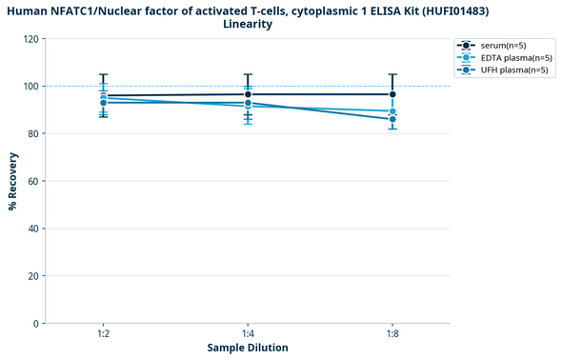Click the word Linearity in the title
[248, 24]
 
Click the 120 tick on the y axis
[32, 39]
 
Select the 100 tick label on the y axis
[32, 87]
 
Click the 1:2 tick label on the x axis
[103, 334]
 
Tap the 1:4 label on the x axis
[248, 334]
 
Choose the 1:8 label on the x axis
[392, 334]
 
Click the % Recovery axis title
[12, 181]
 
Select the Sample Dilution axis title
[248, 349]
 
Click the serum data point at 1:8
[392, 94]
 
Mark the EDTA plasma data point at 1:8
[392, 111]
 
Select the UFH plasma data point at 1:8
[392, 119]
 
